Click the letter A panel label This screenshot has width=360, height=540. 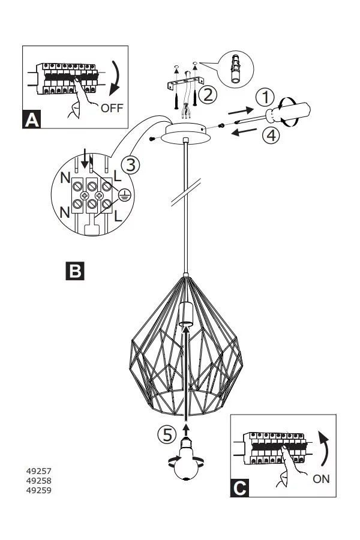tap(32, 119)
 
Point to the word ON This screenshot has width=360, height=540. tap(321, 479)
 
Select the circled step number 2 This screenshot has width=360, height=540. tap(208, 94)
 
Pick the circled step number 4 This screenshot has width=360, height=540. tap(271, 135)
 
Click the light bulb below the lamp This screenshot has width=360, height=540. tap(187, 464)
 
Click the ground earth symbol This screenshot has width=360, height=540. tap(125, 194)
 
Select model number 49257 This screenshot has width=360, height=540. tap(38, 471)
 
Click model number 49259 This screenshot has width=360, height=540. tap(38, 490)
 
